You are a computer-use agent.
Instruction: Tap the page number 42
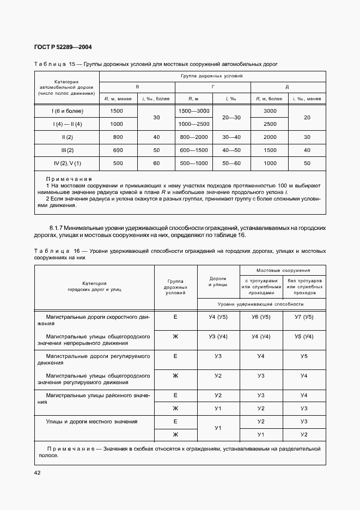[38, 472]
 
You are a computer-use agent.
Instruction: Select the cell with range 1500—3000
[193, 111]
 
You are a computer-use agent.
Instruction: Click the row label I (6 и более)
[67, 111]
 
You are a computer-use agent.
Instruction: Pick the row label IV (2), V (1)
[67, 163]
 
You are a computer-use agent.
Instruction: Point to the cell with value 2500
[269, 124]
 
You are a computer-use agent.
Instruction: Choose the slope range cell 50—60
[231, 163]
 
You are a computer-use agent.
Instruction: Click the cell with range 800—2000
[193, 137]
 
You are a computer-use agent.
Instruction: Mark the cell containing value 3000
[269, 111]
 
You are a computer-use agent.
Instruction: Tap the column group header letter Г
[212, 87]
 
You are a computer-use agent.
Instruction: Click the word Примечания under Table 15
[69, 179]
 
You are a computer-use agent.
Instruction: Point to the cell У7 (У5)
[304, 317]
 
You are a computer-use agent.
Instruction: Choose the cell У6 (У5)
[261, 317]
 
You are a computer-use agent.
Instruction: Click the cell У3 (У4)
[218, 336]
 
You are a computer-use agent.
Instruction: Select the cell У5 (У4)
[304, 336]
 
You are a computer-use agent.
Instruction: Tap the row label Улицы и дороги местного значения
[91, 421]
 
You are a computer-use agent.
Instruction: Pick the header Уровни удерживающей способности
[261, 303]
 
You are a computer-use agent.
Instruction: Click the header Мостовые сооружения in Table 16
[283, 270]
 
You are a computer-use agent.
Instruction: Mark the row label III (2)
[67, 150]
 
